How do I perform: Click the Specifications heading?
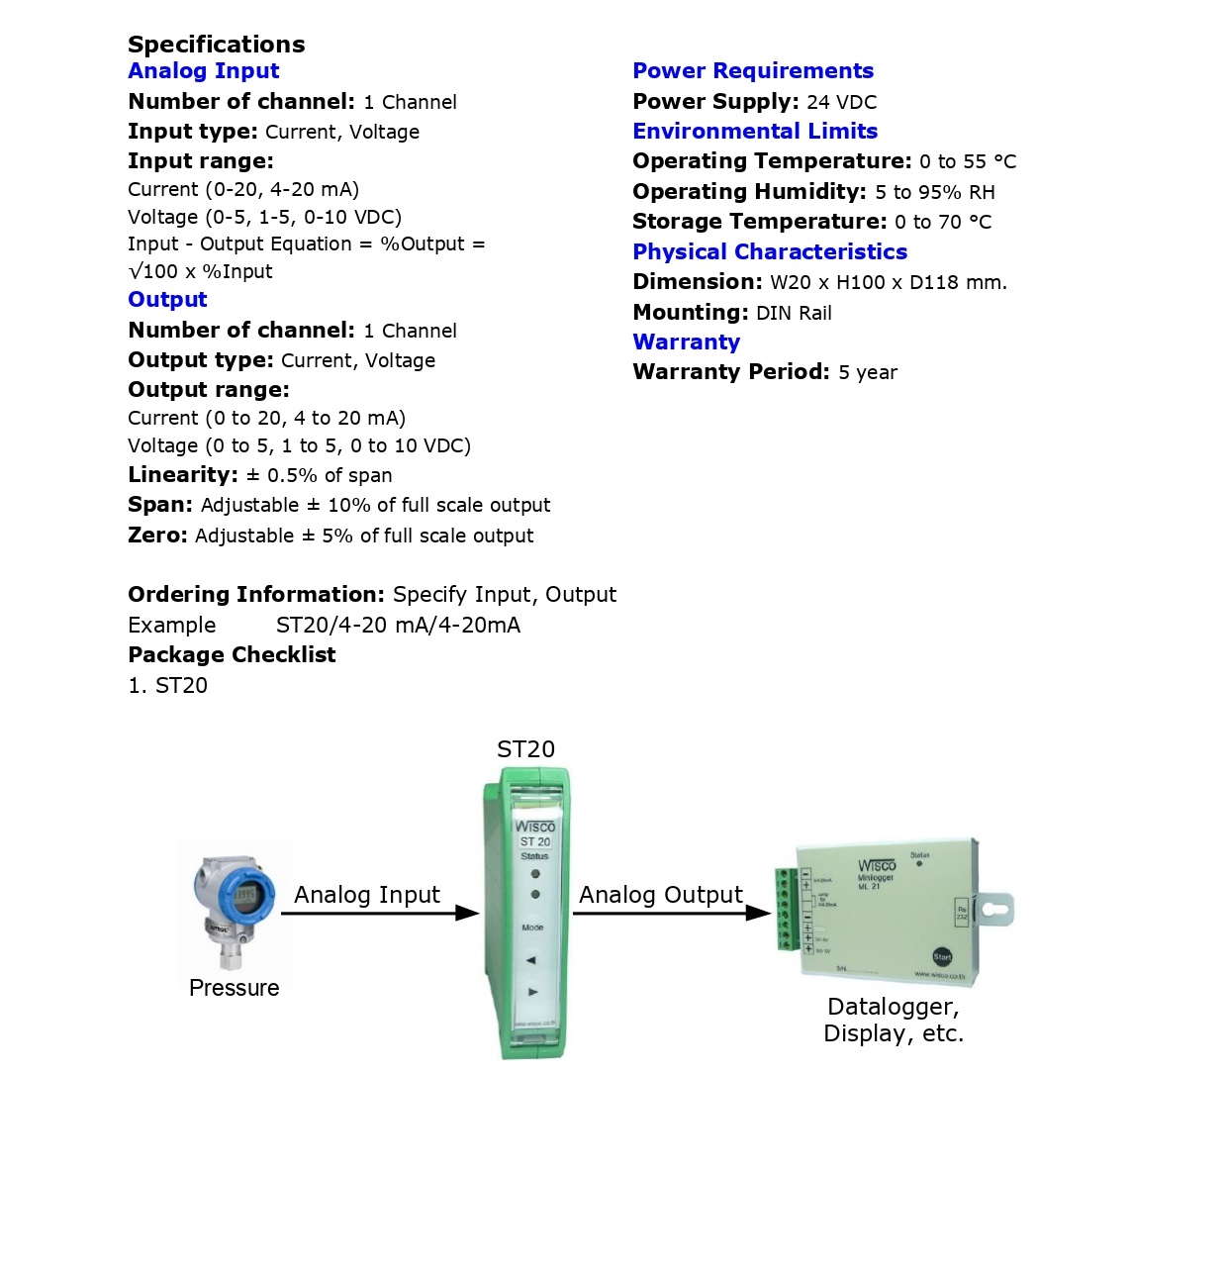click(216, 45)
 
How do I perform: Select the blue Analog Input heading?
click(203, 71)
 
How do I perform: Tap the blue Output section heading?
click(167, 300)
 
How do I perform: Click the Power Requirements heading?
click(752, 71)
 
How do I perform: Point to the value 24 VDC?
click(841, 102)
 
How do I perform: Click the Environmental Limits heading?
click(754, 132)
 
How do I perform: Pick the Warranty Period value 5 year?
click(867, 373)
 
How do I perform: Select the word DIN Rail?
click(794, 314)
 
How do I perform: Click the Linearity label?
click(182, 475)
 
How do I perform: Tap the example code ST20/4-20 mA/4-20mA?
click(398, 626)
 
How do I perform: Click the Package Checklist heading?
click(232, 655)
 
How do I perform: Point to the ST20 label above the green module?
click(525, 749)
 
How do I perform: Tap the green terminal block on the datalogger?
click(786, 909)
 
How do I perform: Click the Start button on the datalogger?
click(942, 956)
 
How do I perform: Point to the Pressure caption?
click(234, 988)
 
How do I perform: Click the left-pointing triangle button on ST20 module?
click(531, 960)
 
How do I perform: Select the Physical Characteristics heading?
click(769, 252)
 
